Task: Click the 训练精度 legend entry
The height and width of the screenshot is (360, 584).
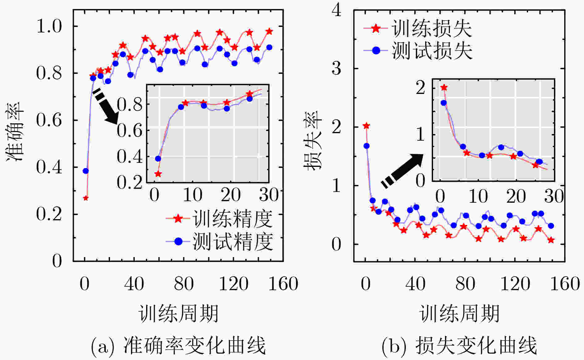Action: click(219, 219)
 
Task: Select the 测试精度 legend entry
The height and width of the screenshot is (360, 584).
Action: click(219, 241)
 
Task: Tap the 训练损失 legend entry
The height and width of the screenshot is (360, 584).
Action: click(418, 29)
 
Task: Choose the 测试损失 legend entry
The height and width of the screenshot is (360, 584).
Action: click(418, 50)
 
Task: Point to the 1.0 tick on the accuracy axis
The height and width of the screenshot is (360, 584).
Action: click(49, 26)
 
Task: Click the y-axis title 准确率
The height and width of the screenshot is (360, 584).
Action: click(15, 132)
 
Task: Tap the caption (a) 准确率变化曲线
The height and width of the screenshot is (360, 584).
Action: click(179, 345)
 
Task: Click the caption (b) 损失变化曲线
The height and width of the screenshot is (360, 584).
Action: click(459, 345)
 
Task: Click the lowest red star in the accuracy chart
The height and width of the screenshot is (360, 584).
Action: click(86, 198)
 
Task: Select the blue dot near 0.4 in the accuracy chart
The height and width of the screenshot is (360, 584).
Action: click(86, 171)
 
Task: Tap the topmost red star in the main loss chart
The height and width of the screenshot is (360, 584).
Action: click(366, 126)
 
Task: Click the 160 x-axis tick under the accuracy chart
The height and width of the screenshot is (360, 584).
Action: click(283, 284)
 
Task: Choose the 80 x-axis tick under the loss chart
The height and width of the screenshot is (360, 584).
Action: click(465, 284)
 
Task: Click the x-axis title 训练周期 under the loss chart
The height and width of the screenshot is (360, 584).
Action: click(459, 313)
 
